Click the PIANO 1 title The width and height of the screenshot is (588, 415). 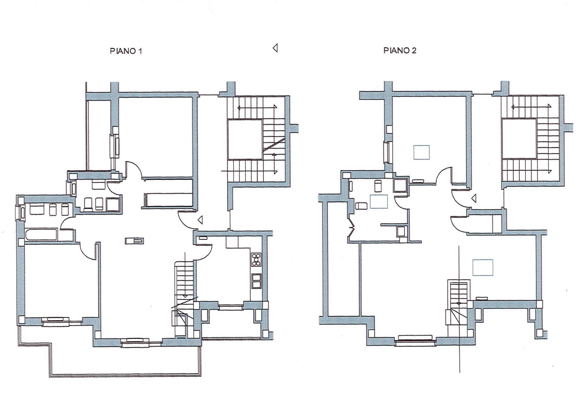click(x=126, y=51)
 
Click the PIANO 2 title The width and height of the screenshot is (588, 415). click(x=400, y=50)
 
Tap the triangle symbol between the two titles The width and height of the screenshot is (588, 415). click(x=275, y=48)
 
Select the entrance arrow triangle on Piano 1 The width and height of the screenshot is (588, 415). click(x=200, y=220)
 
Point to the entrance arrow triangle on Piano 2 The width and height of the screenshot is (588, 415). click(x=474, y=198)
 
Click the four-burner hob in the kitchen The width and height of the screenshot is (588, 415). click(x=256, y=259)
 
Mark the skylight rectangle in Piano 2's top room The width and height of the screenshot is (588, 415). click(x=421, y=152)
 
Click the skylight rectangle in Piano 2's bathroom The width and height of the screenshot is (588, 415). click(x=379, y=201)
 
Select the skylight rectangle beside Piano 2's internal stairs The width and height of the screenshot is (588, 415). click(x=483, y=267)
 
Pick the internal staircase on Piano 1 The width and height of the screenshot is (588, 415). click(x=184, y=298)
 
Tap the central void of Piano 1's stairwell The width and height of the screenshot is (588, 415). click(x=245, y=139)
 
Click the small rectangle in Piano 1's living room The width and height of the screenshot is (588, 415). click(x=134, y=241)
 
